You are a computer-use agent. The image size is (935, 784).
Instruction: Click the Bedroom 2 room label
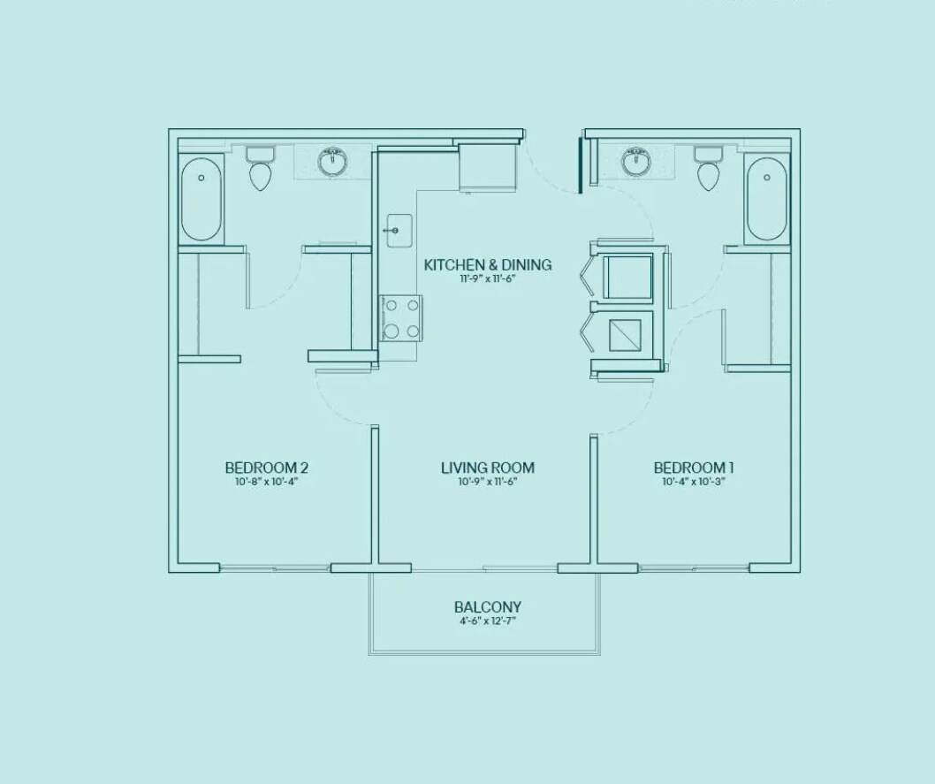click(x=266, y=468)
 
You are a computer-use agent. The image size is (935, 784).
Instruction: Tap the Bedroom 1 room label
click(x=694, y=468)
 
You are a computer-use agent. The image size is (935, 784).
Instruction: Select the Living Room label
click(x=487, y=468)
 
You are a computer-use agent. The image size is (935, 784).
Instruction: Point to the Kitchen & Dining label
click(x=487, y=264)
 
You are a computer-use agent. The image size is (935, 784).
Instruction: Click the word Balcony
click(x=487, y=607)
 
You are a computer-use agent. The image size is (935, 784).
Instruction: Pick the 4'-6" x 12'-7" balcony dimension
click(x=487, y=621)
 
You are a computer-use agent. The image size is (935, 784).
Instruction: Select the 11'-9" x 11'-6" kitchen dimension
click(x=487, y=278)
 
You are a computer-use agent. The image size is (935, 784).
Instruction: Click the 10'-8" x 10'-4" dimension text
click(x=266, y=482)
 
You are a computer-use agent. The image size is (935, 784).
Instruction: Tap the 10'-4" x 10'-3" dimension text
click(x=694, y=482)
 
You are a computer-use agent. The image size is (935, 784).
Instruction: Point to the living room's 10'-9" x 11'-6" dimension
click(x=487, y=482)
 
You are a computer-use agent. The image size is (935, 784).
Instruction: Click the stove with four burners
click(x=399, y=318)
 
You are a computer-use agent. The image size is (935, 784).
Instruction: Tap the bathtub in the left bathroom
click(x=201, y=199)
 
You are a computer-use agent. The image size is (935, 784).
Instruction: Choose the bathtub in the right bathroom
click(x=765, y=199)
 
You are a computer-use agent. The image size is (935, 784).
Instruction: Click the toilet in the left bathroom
click(x=260, y=171)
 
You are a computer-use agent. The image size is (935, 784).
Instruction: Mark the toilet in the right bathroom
click(x=708, y=169)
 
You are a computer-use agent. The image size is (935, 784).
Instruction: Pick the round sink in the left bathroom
click(x=334, y=162)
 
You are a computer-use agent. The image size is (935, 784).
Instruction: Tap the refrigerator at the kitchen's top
click(x=487, y=168)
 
